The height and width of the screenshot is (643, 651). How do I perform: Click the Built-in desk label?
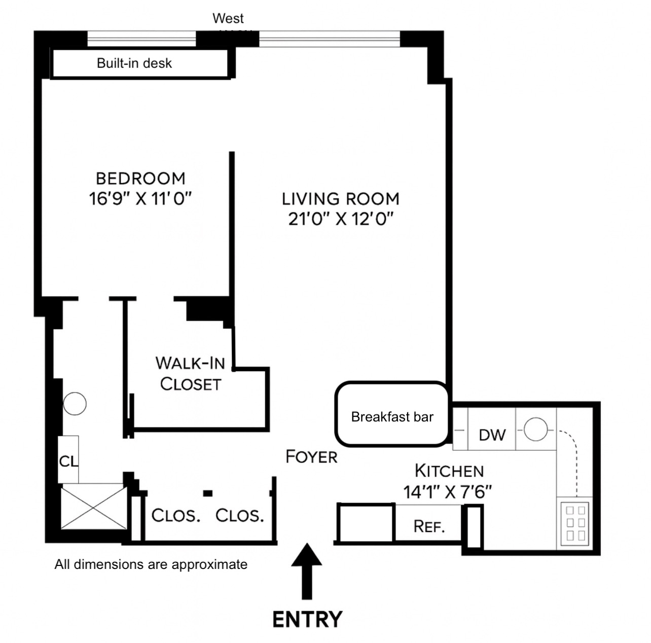click(x=134, y=63)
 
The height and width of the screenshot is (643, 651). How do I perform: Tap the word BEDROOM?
click(x=140, y=178)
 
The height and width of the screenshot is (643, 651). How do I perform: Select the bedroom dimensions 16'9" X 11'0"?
click(x=140, y=198)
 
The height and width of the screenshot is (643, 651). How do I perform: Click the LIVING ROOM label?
click(x=341, y=199)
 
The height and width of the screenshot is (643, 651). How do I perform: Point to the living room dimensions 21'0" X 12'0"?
click(x=341, y=219)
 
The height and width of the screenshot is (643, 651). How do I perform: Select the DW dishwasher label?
click(x=492, y=435)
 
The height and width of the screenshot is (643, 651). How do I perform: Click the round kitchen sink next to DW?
click(x=535, y=430)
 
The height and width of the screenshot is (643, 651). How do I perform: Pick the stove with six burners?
click(x=575, y=522)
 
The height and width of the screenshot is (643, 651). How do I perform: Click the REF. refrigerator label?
click(x=429, y=526)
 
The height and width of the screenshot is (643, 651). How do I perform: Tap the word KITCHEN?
click(x=449, y=471)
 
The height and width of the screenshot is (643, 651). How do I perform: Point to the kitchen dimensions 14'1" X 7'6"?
click(x=448, y=491)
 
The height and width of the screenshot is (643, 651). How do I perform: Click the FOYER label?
click(x=311, y=457)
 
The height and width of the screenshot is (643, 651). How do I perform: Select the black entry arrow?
click(x=307, y=570)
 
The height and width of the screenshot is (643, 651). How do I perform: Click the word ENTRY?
click(x=307, y=620)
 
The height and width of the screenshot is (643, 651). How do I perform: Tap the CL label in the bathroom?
click(x=68, y=461)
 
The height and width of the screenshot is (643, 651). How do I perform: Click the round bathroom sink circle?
click(x=75, y=404)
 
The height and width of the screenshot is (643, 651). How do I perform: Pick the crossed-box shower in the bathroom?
click(x=94, y=507)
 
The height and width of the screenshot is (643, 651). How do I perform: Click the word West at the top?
click(x=228, y=19)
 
